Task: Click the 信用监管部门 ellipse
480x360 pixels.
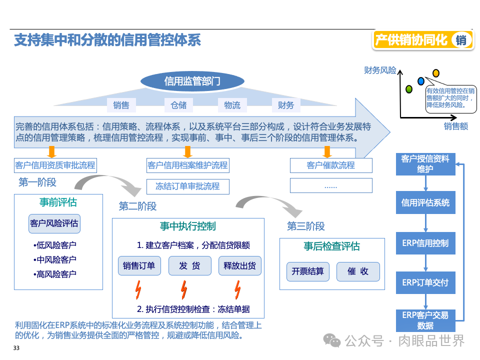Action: (192, 81)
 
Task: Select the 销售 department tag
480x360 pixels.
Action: (121, 105)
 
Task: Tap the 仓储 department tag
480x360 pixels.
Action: (178, 105)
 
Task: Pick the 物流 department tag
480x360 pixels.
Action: (232, 105)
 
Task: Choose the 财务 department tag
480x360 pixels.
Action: (285, 105)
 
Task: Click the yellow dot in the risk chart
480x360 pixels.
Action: (435, 73)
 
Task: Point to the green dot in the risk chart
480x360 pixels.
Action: (408, 89)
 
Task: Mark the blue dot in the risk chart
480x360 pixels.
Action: (421, 80)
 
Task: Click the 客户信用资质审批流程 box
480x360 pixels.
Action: (55, 165)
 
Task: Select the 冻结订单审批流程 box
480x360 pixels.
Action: (187, 186)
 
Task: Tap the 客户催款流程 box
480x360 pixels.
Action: (331, 165)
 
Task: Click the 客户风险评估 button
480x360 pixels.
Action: (54, 223)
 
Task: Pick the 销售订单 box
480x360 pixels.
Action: (139, 266)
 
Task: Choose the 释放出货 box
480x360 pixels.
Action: (239, 266)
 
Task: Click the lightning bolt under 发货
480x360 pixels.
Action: (183, 289)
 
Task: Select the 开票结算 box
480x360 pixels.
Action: (308, 271)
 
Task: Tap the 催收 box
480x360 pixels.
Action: (358, 271)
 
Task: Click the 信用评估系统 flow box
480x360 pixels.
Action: (425, 202)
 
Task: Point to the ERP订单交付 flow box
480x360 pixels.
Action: (425, 282)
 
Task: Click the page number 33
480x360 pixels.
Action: (16, 348)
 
